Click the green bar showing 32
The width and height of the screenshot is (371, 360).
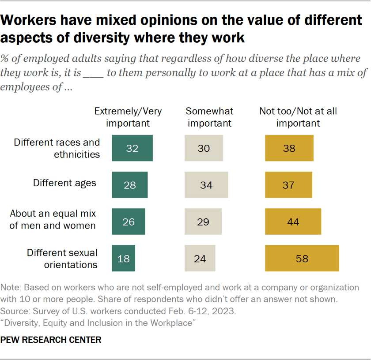[x=132, y=148]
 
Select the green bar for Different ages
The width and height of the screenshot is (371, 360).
[x=130, y=185]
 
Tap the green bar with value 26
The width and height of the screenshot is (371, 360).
[x=129, y=221]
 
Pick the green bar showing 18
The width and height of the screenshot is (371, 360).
[x=124, y=258]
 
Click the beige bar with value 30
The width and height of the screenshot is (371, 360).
[x=204, y=148]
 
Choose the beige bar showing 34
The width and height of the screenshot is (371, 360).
[x=206, y=185]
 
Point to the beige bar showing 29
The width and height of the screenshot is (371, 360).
[x=203, y=221]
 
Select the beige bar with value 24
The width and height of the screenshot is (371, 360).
[x=200, y=258]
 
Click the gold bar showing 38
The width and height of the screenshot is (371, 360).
[x=289, y=148]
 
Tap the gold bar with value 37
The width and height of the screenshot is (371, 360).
[x=289, y=185]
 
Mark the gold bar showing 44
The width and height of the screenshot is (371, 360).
[x=293, y=221]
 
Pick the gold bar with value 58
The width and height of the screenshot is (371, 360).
[x=302, y=258]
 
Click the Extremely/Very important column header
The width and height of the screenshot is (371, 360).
[x=128, y=117]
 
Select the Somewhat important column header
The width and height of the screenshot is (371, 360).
[x=209, y=117]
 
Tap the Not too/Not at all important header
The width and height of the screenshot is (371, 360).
[x=298, y=117]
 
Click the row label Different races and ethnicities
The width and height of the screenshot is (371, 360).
[x=57, y=148]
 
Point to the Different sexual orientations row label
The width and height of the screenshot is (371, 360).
[x=62, y=259]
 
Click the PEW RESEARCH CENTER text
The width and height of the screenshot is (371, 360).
[x=51, y=340]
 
